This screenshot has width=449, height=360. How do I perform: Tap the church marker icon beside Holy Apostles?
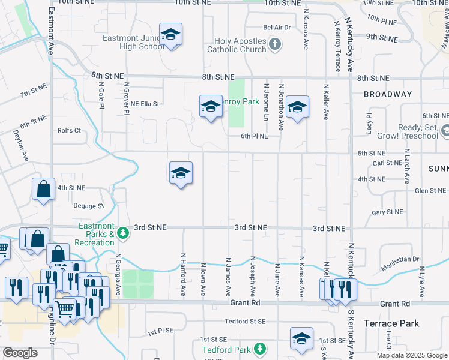275,43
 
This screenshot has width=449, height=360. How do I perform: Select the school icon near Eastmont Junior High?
170,35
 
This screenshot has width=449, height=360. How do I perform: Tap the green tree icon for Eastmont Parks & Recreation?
123,232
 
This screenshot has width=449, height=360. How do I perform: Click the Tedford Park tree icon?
259,349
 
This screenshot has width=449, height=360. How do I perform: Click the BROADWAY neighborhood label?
387,94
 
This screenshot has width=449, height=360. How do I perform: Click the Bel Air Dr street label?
277,28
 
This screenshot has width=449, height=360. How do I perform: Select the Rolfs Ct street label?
69,130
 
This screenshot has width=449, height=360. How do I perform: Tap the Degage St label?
88,205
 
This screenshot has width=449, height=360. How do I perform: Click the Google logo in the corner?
20,353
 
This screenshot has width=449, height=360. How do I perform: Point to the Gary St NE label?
387,212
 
